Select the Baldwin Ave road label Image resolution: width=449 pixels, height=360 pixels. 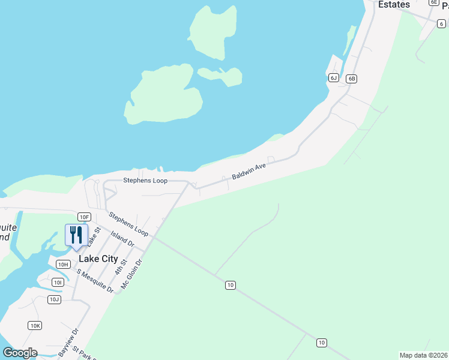tap(249, 172)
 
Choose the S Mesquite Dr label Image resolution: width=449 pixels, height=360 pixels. tap(95, 280)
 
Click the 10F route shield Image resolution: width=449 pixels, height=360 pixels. tap(83, 217)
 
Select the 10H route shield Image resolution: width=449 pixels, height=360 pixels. tap(63, 264)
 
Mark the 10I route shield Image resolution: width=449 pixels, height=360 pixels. tap(58, 282)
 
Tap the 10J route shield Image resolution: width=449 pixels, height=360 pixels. tap(54, 299)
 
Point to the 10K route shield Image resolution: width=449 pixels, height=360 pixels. tap(35, 325)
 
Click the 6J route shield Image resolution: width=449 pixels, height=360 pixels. tap(334, 78)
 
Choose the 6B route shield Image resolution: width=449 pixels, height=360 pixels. tap(352, 79)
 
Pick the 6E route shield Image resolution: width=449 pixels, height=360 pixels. tap(433, 2)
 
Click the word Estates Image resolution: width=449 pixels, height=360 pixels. tap(394, 5)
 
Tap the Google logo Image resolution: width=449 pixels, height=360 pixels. tap(20, 353)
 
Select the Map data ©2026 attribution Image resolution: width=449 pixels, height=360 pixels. tap(423, 355)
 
